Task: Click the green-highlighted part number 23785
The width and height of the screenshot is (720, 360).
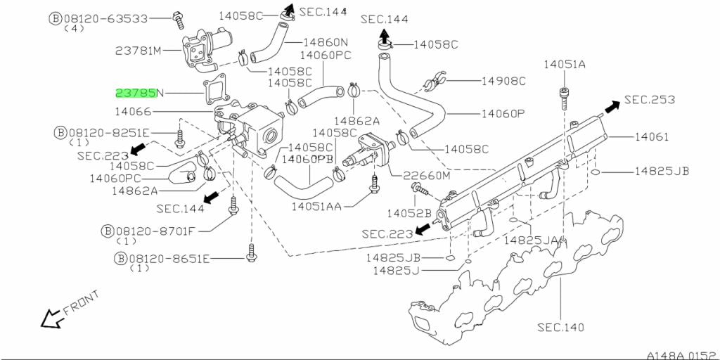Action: (x=136, y=93)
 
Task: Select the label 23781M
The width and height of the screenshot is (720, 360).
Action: (x=139, y=51)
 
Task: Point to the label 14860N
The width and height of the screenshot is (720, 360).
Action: (x=325, y=42)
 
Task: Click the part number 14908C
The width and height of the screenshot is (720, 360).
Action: (x=503, y=81)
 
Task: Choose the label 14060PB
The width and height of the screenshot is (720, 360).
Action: (x=307, y=160)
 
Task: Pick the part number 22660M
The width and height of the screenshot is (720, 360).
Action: (x=425, y=176)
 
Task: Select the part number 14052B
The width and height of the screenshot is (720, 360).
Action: (x=409, y=212)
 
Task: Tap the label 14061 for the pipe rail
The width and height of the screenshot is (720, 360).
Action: (x=652, y=136)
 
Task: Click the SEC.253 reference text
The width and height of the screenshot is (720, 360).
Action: (x=649, y=100)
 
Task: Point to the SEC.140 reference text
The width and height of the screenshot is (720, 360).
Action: (x=560, y=327)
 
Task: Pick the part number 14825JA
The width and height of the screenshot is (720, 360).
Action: (x=530, y=240)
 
